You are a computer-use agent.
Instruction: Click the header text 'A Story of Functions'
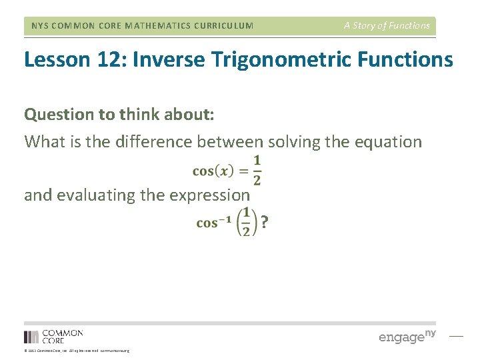click(x=387, y=26)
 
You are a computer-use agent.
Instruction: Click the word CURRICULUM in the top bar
click(x=220, y=26)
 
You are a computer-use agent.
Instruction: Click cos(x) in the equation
click(x=213, y=171)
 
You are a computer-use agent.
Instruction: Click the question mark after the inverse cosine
click(x=265, y=223)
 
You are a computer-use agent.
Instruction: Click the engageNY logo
click(x=407, y=336)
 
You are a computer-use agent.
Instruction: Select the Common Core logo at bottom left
click(x=53, y=336)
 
